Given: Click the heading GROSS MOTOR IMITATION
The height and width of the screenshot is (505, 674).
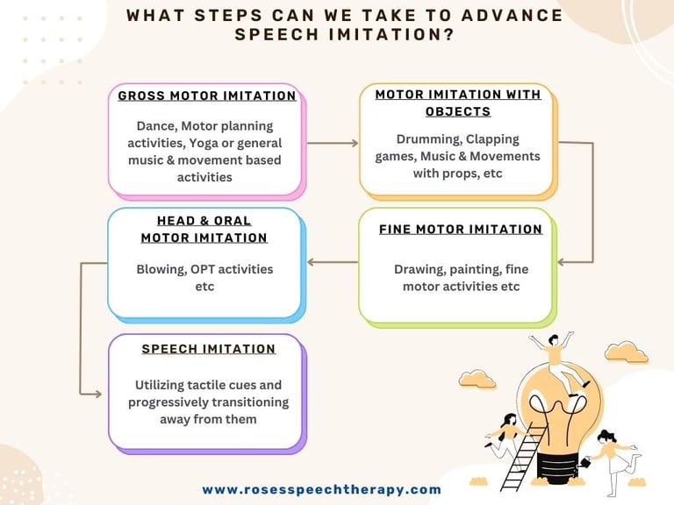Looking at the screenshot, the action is click(x=207, y=96).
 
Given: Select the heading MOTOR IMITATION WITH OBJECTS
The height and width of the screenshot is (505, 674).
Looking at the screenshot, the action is click(x=458, y=103).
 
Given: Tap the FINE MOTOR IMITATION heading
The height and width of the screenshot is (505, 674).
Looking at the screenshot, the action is click(x=461, y=230).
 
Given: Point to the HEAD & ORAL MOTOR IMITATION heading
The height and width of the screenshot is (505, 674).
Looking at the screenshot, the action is click(x=204, y=230).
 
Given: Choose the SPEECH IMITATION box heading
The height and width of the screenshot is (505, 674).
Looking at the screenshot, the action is click(x=209, y=349).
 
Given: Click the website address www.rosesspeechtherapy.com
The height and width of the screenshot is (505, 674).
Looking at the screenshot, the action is click(x=321, y=489).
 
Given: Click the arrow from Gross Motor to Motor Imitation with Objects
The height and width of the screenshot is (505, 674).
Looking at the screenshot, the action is click(x=333, y=143).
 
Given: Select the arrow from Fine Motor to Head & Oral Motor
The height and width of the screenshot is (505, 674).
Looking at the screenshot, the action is click(x=333, y=262).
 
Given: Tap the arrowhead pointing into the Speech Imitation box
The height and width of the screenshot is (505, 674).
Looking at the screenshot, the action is click(x=97, y=394).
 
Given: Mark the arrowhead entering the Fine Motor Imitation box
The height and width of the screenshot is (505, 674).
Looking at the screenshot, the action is click(x=562, y=262).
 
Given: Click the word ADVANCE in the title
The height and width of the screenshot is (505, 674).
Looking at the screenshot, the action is click(x=512, y=16).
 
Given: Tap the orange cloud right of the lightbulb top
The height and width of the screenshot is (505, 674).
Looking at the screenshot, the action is click(x=627, y=352).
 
